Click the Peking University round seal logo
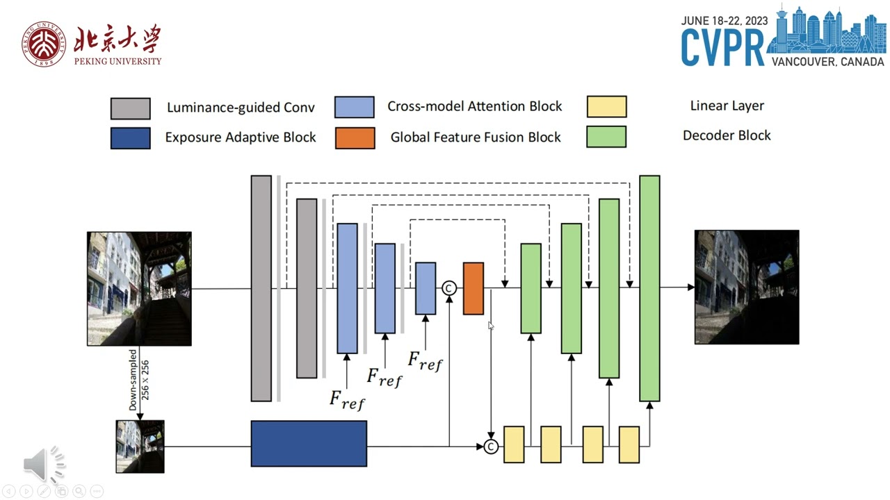click(44, 44)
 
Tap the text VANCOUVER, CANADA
click(827, 62)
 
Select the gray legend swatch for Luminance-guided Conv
click(130, 108)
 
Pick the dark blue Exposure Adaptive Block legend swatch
click(130, 137)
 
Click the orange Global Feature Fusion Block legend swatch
click(355, 137)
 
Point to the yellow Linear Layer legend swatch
click(606, 106)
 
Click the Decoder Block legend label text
click(727, 135)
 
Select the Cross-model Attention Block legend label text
click(474, 106)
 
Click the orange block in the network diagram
click(474, 288)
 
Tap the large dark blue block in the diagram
click(309, 443)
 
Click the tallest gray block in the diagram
click(261, 288)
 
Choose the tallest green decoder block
click(649, 288)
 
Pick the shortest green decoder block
click(531, 288)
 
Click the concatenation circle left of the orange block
click(449, 287)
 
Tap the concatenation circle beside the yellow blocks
click(491, 447)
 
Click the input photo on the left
click(139, 288)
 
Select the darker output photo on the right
click(747, 287)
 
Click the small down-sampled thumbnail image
click(140, 447)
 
